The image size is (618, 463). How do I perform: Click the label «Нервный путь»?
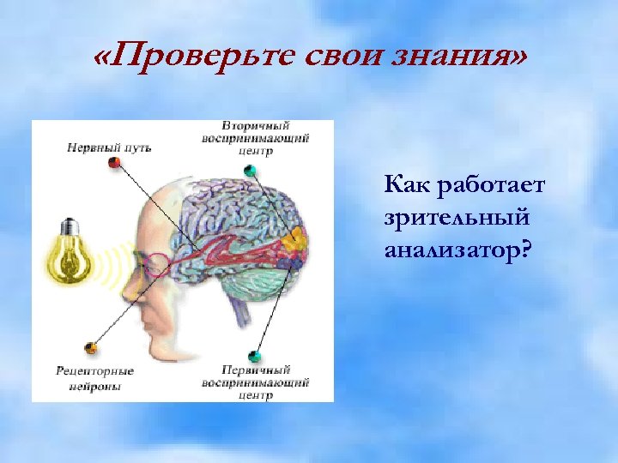tap(109, 147)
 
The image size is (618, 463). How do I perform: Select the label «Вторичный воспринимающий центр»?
tap(255, 138)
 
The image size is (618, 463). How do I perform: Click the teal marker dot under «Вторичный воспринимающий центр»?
tap(251, 171)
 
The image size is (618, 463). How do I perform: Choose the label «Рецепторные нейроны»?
tap(94, 378)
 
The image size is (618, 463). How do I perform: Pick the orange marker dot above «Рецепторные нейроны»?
tap(90, 347)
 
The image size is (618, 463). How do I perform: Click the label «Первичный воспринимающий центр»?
tap(255, 382)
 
